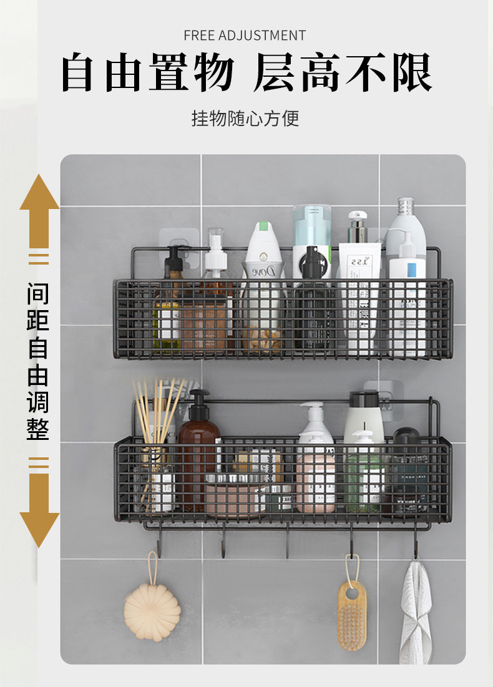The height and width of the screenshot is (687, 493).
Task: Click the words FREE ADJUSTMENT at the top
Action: click(245, 35)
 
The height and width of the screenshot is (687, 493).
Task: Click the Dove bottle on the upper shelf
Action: click(263, 281)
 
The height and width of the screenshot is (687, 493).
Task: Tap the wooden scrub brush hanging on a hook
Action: click(352, 615)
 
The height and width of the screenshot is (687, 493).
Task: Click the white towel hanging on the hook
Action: click(416, 611)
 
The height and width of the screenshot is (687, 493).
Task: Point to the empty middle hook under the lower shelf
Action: click(287, 543)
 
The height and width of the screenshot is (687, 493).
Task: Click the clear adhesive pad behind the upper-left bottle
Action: click(179, 240)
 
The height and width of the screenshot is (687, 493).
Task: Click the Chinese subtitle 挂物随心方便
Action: click(245, 118)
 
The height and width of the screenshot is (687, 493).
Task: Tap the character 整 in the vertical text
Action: click(38, 429)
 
